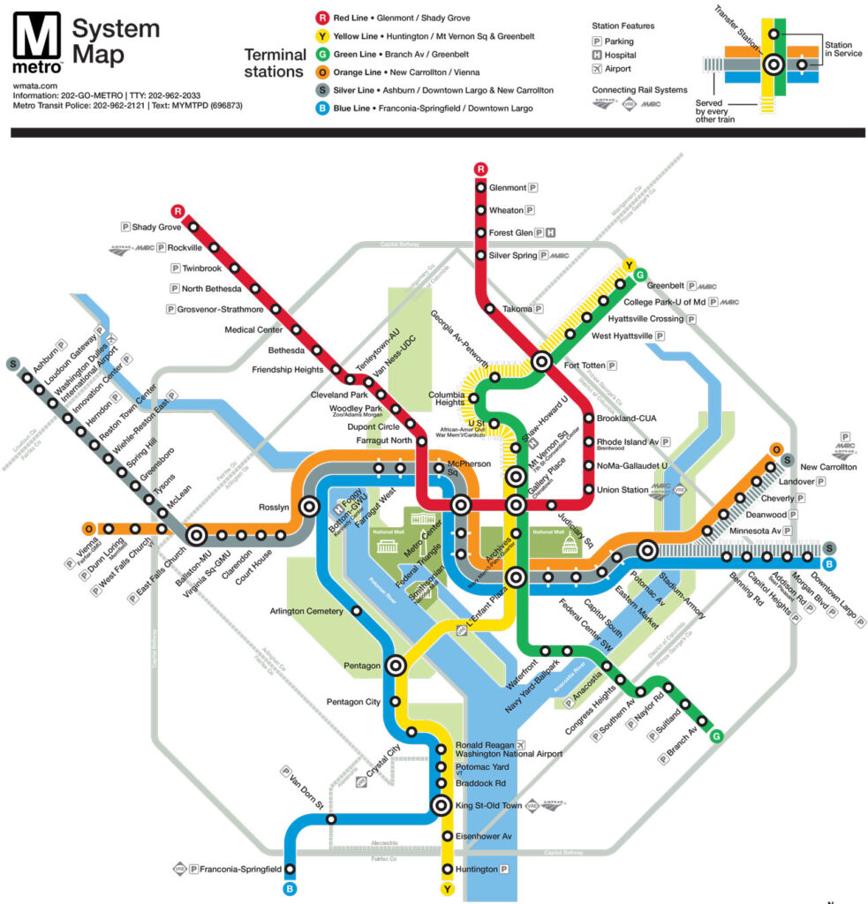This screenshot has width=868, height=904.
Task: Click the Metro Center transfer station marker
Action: pyautogui.click(x=461, y=506)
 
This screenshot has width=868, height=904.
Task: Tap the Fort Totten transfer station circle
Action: pyautogui.click(x=542, y=362)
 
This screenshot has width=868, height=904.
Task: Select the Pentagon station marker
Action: pyautogui.click(x=396, y=666)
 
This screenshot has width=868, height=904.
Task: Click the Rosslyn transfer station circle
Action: pyautogui.click(x=309, y=507)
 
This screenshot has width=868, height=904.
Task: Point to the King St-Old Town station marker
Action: pyautogui.click(x=442, y=805)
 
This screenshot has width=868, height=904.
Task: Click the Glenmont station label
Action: pyautogui.click(x=508, y=188)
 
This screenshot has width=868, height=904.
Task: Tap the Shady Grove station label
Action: pyautogui.click(x=156, y=227)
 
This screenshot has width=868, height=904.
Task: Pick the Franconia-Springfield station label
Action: pyautogui.click(x=240, y=870)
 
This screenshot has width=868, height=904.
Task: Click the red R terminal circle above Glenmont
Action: pyautogui.click(x=480, y=169)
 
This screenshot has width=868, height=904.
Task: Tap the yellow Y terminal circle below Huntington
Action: pyautogui.click(x=448, y=889)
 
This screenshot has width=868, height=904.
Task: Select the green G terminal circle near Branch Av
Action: pyautogui.click(x=716, y=735)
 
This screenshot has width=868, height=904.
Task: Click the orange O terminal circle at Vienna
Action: pyautogui.click(x=88, y=529)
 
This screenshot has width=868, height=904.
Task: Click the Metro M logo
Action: pyautogui.click(x=37, y=39)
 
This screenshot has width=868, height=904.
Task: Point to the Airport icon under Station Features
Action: pyautogui.click(x=598, y=69)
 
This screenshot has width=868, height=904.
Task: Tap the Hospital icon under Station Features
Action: pyautogui.click(x=598, y=55)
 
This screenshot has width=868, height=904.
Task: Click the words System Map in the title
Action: pyautogui.click(x=115, y=41)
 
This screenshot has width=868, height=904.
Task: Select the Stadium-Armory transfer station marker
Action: pyautogui.click(x=647, y=550)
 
